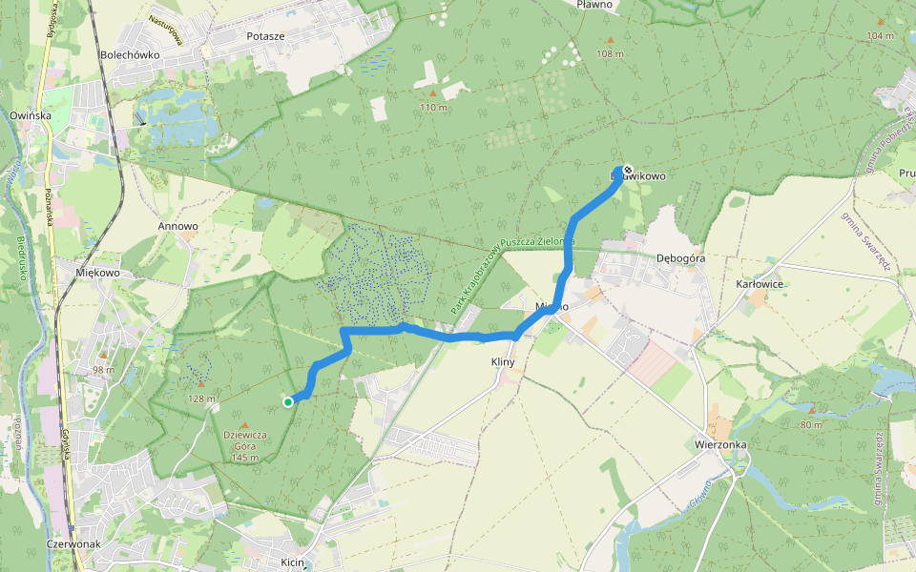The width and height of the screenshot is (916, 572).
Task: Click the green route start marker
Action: click(x=288, y=402)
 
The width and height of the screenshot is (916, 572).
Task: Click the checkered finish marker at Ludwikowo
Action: click(x=627, y=170)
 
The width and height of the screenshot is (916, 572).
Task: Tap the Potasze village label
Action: click(x=265, y=35)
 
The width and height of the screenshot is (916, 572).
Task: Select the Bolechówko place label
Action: click(x=130, y=54)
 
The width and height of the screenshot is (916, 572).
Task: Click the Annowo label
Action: click(x=177, y=227)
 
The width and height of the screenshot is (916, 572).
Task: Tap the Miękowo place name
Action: click(x=97, y=273)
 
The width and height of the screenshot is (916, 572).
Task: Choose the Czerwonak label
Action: click(x=73, y=544)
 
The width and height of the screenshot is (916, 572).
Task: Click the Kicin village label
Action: click(x=292, y=563)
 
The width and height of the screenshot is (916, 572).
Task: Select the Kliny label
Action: click(x=503, y=362)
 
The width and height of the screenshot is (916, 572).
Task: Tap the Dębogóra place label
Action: click(x=681, y=257)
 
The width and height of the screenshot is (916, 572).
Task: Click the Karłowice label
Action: click(x=760, y=284)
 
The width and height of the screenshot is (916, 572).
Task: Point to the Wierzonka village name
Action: click(x=720, y=444)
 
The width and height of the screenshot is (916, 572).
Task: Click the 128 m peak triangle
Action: click(x=201, y=385)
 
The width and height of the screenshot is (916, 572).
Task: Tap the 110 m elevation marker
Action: click(x=433, y=93)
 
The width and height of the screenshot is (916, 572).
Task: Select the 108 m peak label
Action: click(x=610, y=53)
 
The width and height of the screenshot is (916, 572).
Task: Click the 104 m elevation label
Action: click(x=880, y=35)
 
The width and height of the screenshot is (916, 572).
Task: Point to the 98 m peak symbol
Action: click(x=103, y=356)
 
